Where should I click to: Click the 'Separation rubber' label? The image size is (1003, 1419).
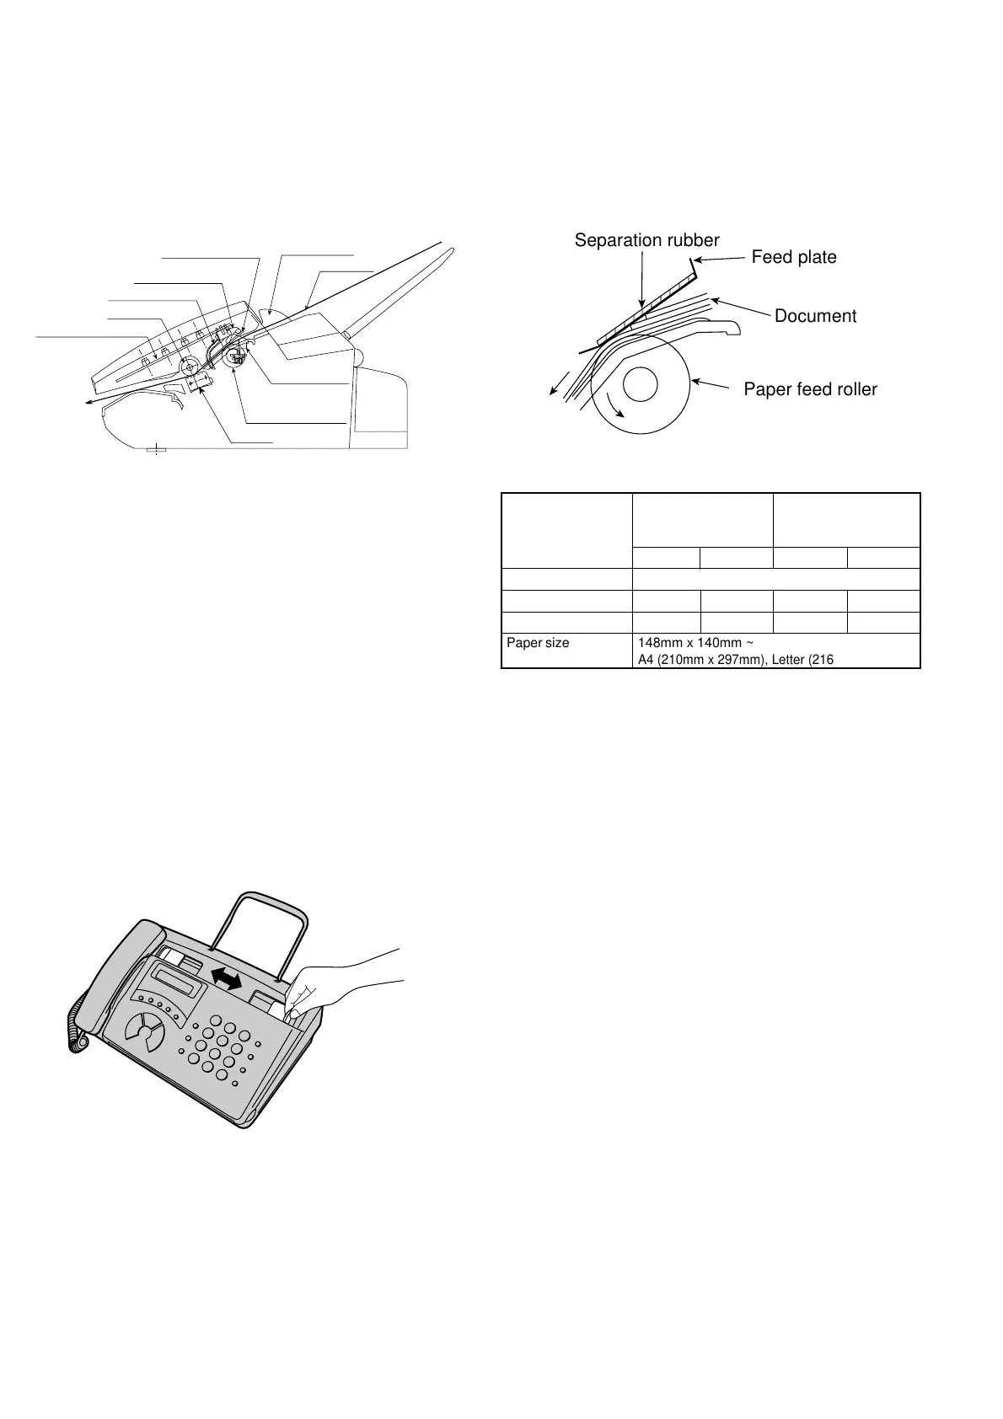[646, 240]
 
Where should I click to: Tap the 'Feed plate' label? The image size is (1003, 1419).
[793, 257]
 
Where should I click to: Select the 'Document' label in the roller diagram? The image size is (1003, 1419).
[814, 316]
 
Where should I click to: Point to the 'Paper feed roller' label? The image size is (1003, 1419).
[810, 389]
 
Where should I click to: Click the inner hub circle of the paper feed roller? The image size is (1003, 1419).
[640, 385]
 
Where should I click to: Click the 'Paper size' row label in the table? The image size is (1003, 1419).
[538, 643]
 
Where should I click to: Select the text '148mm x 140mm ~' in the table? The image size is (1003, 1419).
[689, 643]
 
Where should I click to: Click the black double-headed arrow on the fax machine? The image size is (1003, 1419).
[226, 978]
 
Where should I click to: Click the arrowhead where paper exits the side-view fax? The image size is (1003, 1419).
[88, 404]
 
